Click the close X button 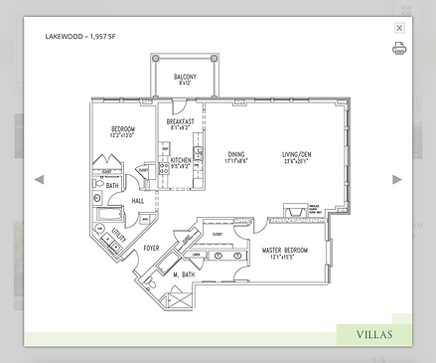click(x=399, y=29)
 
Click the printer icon click(x=399, y=47)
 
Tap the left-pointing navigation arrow click(x=40, y=179)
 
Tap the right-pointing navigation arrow click(x=397, y=179)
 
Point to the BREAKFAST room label click(x=179, y=121)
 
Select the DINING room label click(x=236, y=154)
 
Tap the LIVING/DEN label click(x=296, y=154)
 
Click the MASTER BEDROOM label click(x=284, y=250)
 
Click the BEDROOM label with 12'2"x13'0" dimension click(x=124, y=130)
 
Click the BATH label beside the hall click(x=113, y=186)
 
